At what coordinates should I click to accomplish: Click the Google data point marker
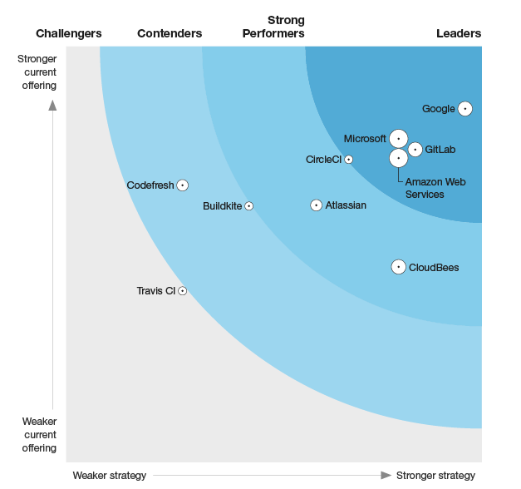click(x=465, y=109)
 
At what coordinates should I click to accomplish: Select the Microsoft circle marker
click(x=399, y=138)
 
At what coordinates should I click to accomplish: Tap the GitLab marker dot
click(x=415, y=150)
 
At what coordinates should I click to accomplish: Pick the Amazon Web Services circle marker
click(x=399, y=157)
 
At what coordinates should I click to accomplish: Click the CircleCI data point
click(x=349, y=159)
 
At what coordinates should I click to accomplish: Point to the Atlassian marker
click(x=316, y=205)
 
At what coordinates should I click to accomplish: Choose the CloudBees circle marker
click(x=399, y=267)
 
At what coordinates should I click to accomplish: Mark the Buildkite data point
click(x=248, y=206)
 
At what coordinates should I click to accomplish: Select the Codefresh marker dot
click(x=182, y=185)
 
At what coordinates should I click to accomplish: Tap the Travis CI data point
click(x=182, y=291)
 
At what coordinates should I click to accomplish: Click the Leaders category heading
click(x=459, y=33)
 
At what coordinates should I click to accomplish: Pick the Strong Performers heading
click(x=273, y=27)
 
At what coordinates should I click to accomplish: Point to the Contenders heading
click(x=170, y=33)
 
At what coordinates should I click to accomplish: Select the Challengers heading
click(x=69, y=33)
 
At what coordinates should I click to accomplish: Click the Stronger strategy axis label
click(x=435, y=476)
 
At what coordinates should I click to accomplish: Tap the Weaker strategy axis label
click(x=109, y=476)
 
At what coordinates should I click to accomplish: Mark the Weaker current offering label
click(x=39, y=435)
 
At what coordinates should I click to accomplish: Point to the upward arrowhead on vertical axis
click(x=52, y=105)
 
